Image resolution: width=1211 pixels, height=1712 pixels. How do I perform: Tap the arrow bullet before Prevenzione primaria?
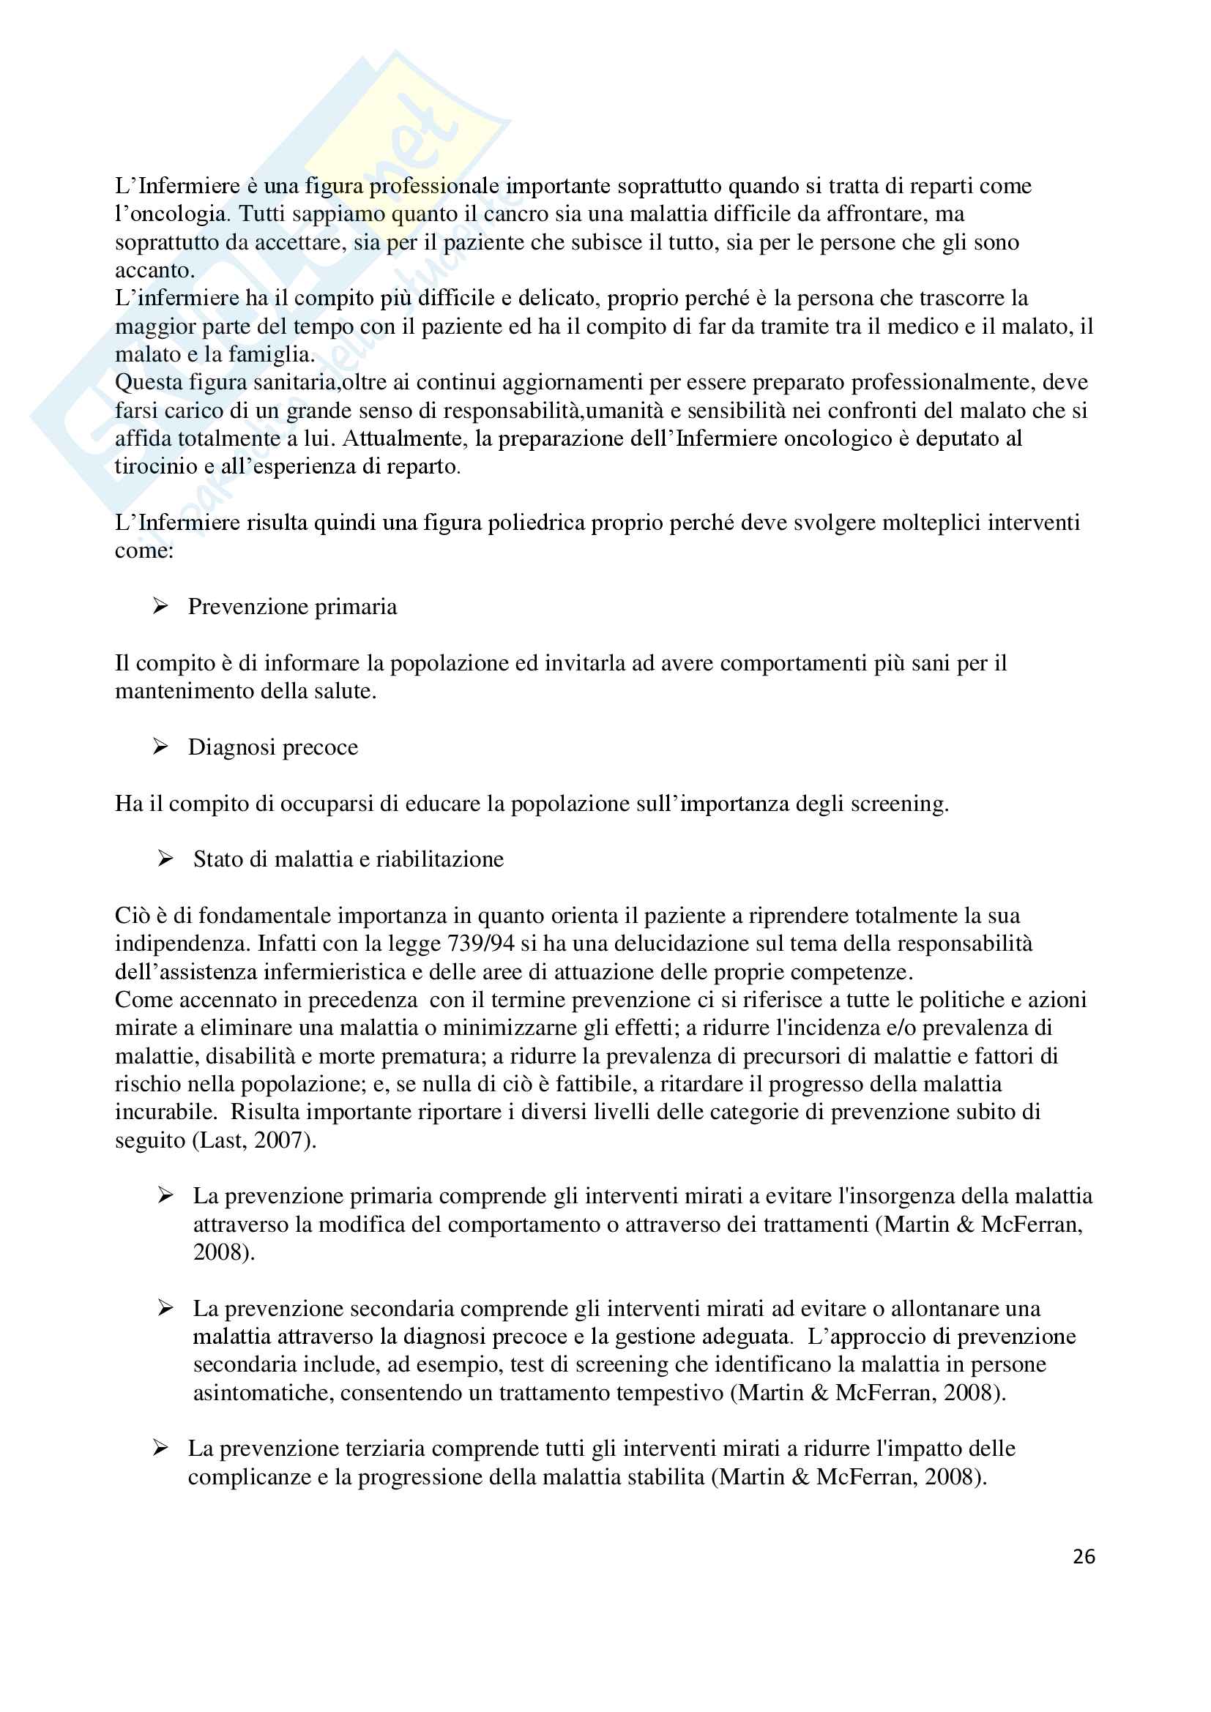[160, 606]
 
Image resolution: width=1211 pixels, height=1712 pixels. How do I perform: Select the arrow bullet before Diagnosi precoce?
[160, 747]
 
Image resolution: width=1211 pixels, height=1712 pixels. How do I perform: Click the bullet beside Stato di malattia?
[165, 859]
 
